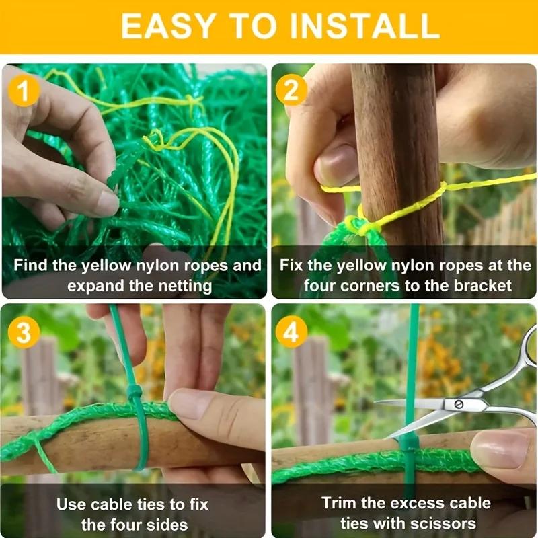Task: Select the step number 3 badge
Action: (x=24, y=332)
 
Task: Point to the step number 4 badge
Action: (x=293, y=332)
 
